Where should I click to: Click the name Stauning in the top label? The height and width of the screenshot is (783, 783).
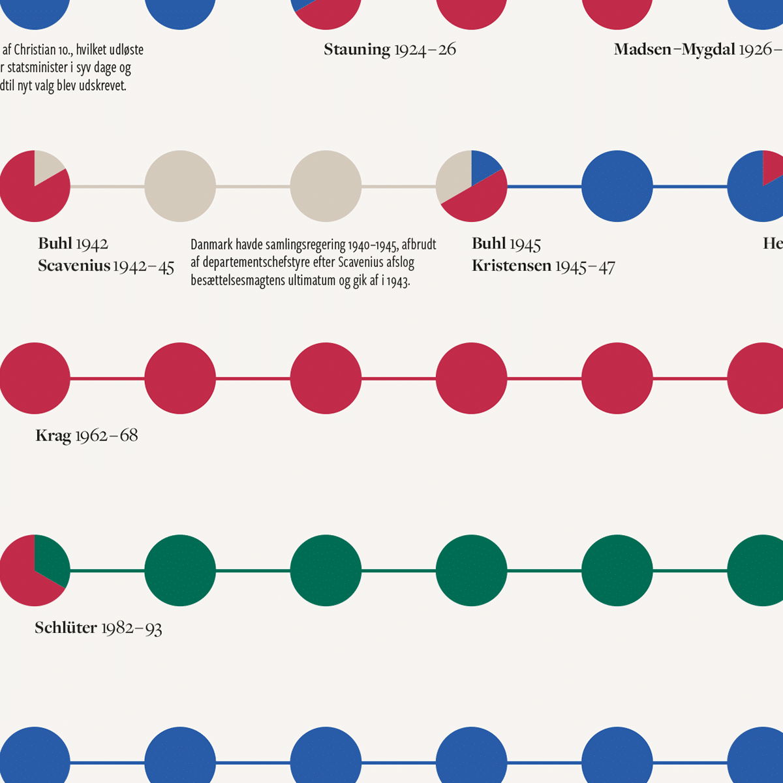point(357,50)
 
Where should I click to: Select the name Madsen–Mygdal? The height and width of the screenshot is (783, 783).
point(674,50)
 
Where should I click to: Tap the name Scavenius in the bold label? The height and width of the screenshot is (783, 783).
point(74,266)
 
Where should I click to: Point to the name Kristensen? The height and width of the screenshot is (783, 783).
point(512,266)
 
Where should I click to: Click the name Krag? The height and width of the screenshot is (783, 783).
point(53,436)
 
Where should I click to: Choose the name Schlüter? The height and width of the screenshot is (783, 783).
point(66,628)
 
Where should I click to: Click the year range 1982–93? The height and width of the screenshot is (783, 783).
point(131,628)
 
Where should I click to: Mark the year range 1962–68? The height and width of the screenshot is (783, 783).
point(106,436)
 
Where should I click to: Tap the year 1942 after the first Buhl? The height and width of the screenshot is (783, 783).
point(92,244)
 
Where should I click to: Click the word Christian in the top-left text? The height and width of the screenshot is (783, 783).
point(35,50)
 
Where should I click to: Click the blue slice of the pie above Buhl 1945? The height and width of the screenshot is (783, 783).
point(484,166)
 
